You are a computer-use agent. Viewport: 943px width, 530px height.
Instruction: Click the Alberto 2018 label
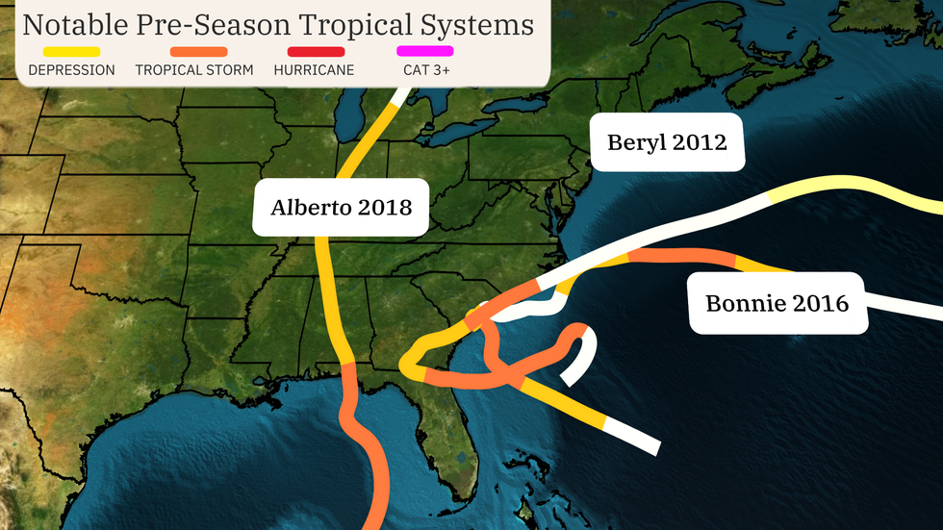[x=342, y=207]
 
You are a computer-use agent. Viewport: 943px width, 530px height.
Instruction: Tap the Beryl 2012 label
[x=667, y=143]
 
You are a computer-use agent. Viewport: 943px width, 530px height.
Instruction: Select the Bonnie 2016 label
[x=777, y=303]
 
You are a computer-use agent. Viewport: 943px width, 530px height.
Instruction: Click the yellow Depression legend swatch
[x=72, y=51]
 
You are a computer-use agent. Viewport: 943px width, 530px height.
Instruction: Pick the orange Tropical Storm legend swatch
[x=198, y=51]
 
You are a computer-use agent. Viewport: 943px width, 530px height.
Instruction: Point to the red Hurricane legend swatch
[x=315, y=51]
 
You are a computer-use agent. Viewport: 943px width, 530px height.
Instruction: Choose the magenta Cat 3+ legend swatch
[x=424, y=51]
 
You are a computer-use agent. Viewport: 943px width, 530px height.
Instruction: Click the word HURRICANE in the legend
[x=314, y=70]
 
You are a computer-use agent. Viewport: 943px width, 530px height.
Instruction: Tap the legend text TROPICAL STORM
[x=194, y=70]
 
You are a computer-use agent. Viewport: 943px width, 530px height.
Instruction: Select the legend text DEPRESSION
[x=72, y=70]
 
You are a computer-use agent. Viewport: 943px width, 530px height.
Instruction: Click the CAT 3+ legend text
[x=424, y=70]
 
